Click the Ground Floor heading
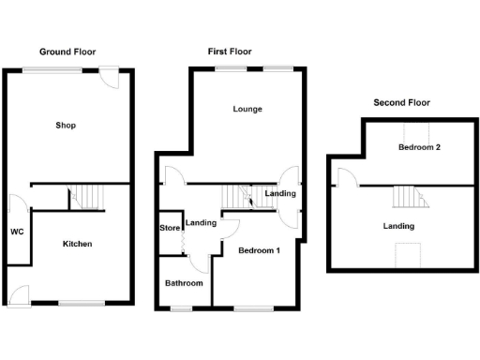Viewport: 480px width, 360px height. click(x=67, y=52)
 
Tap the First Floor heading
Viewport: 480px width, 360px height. click(x=229, y=52)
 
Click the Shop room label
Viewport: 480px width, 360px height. click(x=65, y=125)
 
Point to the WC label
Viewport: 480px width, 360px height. click(x=17, y=232)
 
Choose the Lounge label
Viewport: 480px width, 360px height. click(x=247, y=109)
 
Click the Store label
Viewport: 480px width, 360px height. click(x=170, y=227)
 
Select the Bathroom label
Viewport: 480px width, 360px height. click(x=184, y=282)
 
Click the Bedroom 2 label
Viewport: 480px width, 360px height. click(x=418, y=147)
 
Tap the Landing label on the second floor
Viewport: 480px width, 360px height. click(x=398, y=226)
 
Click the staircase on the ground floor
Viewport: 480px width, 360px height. click(x=90, y=196)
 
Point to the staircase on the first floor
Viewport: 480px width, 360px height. click(x=240, y=198)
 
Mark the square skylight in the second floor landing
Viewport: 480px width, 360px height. click(x=407, y=255)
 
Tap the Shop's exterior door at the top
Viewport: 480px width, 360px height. click(x=111, y=77)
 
